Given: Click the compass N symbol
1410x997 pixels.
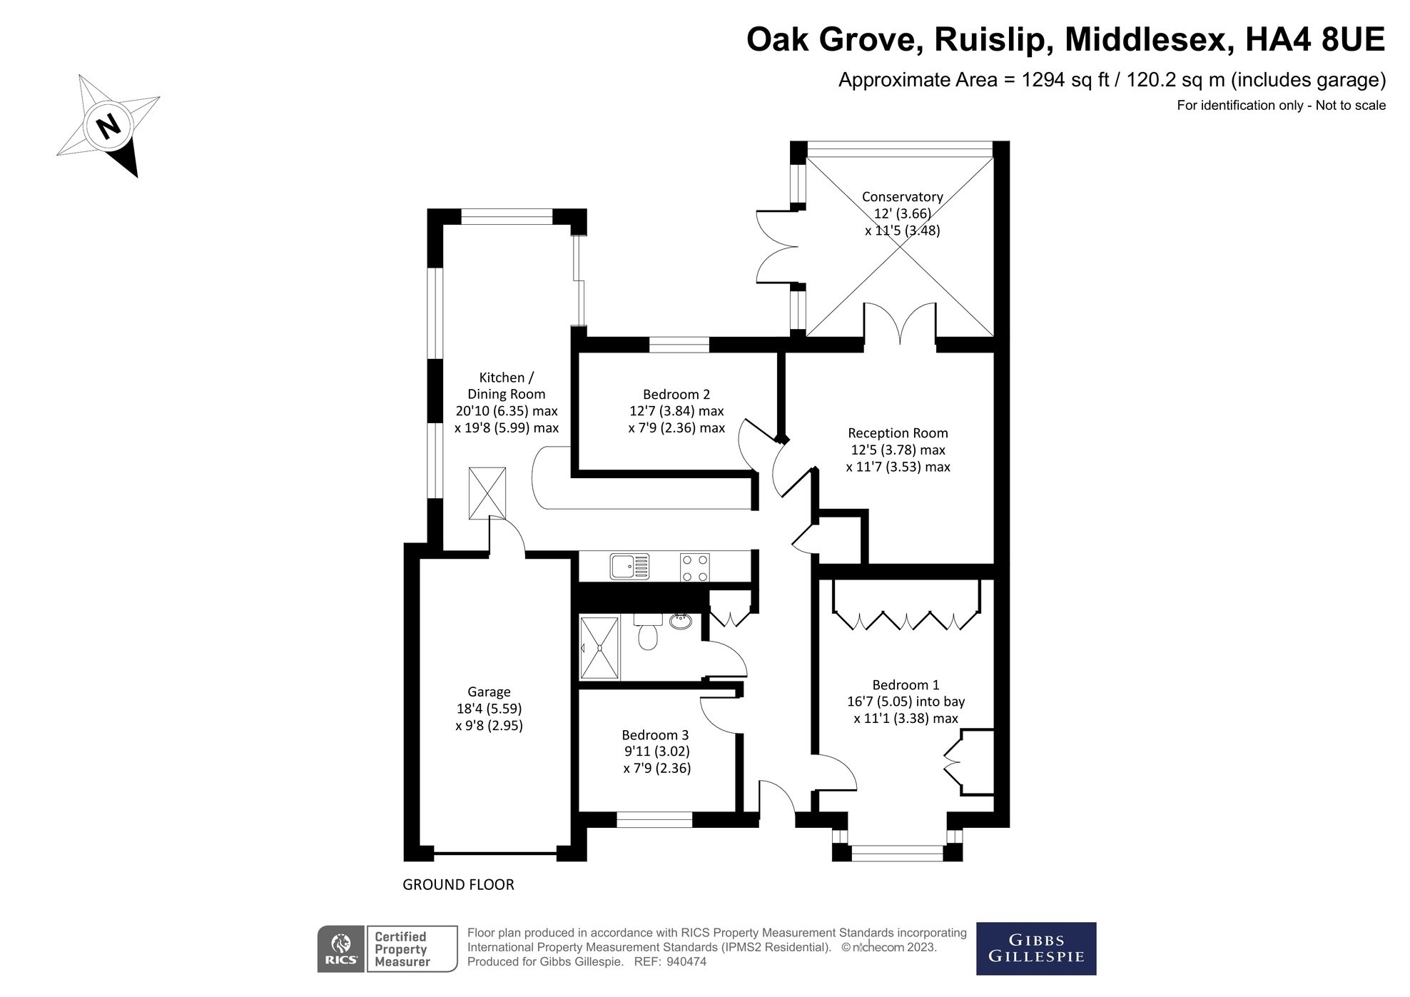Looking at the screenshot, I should tap(108, 126).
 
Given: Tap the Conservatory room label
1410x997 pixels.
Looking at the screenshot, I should tap(902, 197).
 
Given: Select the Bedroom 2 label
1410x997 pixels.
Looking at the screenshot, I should tap(676, 394).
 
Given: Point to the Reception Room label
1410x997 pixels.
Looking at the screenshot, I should tap(897, 433).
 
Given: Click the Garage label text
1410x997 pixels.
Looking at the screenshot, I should tap(489, 692).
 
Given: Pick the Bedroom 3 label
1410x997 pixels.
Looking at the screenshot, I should tap(654, 735).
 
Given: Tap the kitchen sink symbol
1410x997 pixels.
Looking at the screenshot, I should tap(629, 567).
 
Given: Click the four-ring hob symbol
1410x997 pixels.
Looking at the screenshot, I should tap(694, 568).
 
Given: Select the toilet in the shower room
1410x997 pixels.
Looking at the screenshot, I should tap(646, 633).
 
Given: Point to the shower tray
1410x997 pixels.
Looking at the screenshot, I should tap(599, 648).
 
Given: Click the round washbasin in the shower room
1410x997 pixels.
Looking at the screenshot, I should tap(680, 621).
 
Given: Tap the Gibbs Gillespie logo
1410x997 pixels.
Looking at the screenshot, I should tap(1035, 948).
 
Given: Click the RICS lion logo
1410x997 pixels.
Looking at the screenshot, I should tap(342, 949).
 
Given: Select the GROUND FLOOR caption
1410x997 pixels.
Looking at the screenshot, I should tap(458, 885).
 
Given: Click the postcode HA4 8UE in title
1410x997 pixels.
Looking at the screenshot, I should tap(1314, 40).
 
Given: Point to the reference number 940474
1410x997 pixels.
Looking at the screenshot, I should tap(686, 962).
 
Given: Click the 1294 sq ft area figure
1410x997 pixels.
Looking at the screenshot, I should tap(1065, 80).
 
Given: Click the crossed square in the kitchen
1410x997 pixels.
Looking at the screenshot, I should tap(487, 493).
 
